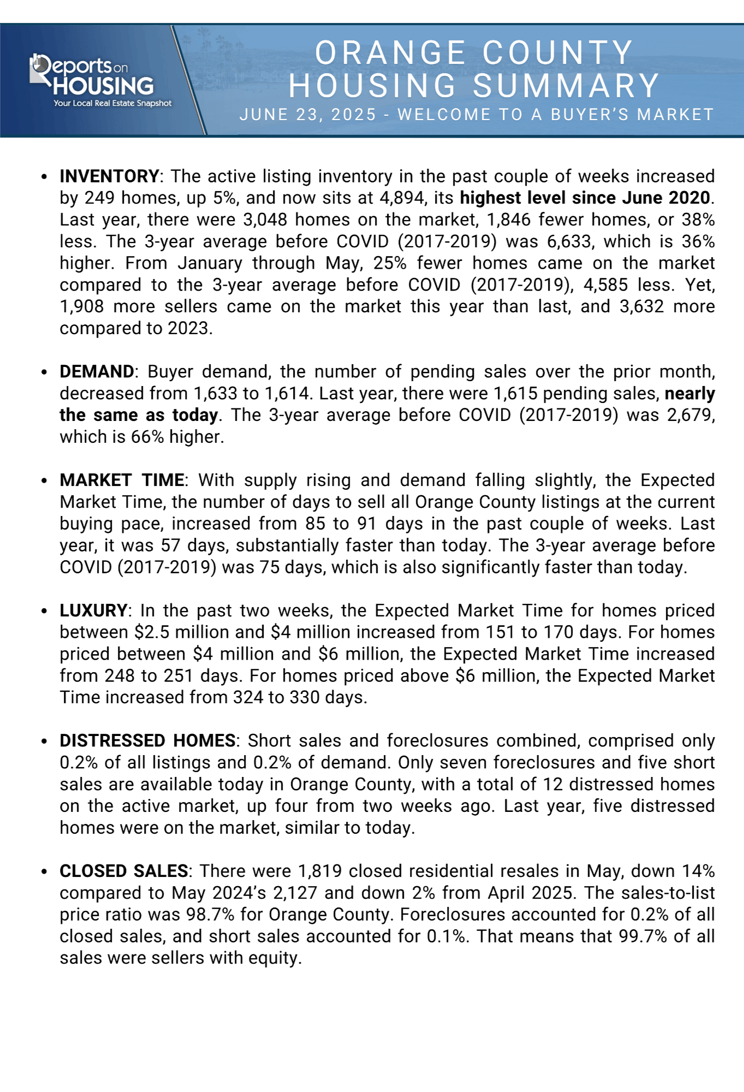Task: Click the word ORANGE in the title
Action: point(390,53)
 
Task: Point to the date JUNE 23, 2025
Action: point(308,115)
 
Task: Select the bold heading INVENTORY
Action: point(109,176)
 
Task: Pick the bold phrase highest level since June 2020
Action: point(585,198)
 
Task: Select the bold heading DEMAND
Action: point(97,372)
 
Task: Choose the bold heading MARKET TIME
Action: point(122,480)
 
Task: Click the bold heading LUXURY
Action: point(93,610)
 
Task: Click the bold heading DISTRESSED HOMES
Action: point(147,741)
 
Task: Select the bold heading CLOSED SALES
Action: point(124,871)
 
